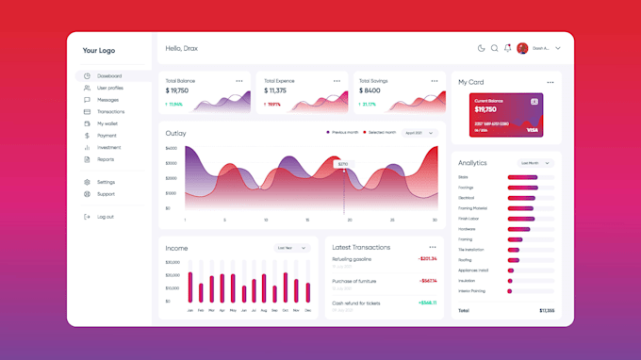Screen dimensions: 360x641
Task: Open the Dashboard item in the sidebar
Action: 108,76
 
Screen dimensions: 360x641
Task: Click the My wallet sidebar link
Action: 107,123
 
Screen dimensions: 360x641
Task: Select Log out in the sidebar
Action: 105,217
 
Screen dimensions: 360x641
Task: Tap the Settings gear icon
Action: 87,182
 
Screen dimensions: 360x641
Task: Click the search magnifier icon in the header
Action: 495,48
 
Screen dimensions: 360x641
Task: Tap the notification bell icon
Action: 508,48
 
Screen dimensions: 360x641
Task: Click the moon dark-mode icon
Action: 482,48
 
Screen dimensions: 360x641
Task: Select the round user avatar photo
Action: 522,48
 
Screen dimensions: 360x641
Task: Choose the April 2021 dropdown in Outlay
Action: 419,133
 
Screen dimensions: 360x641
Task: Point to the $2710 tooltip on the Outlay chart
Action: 343,164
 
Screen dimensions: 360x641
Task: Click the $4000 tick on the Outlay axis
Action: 171,148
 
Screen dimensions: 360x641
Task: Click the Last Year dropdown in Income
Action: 292,248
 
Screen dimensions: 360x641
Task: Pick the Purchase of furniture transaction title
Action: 353,281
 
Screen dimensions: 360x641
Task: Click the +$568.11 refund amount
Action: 428,303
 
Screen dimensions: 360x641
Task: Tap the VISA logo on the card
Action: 532,130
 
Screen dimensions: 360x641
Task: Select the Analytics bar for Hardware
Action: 519,228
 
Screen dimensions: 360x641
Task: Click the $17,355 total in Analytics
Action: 547,310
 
